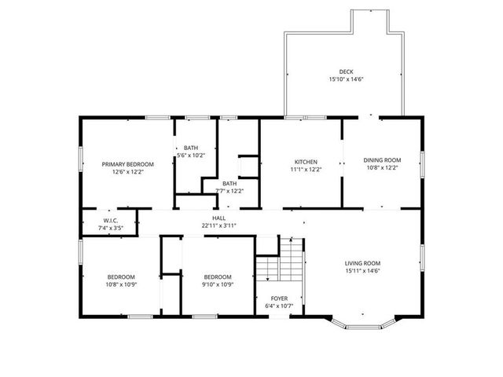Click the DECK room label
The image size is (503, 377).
click(346, 71)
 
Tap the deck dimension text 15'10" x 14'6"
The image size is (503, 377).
click(346, 79)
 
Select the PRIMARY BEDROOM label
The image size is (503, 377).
click(127, 164)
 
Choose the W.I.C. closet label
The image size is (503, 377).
click(110, 221)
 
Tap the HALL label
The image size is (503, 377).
click(218, 218)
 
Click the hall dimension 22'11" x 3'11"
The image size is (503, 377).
click(218, 226)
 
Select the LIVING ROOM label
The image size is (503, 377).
click(362, 263)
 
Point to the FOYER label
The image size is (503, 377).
click(279, 298)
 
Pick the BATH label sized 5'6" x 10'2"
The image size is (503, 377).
click(191, 148)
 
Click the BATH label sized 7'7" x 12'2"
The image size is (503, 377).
click(229, 183)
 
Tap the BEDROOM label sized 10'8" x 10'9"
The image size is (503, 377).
click(121, 276)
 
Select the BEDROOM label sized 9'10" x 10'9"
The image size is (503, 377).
click(218, 276)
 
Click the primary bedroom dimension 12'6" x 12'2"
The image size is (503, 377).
click(127, 171)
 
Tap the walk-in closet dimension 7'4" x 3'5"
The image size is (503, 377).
click(110, 228)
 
